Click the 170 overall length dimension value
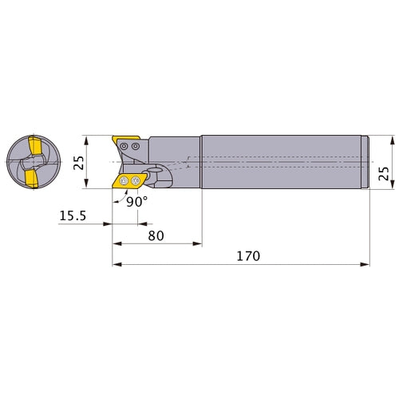pyautogui.click(x=248, y=256)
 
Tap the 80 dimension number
pyautogui.click(x=156, y=235)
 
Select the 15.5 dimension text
pyautogui.click(x=73, y=215)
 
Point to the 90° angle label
pyautogui.click(x=136, y=202)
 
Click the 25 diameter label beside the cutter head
pyautogui.click(x=79, y=163)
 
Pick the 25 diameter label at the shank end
pyautogui.click(x=384, y=173)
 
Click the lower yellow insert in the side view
pyautogui.click(x=130, y=181)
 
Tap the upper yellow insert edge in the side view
pyautogui.click(x=126, y=139)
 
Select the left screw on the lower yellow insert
pyautogui.click(x=124, y=181)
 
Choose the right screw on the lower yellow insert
pyautogui.click(x=136, y=181)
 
